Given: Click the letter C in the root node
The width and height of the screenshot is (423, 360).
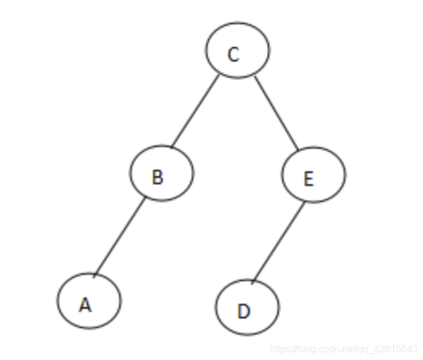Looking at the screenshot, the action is (233, 55).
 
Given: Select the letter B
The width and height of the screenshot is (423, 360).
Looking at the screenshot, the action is (157, 177).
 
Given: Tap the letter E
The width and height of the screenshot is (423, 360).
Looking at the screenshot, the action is (308, 179).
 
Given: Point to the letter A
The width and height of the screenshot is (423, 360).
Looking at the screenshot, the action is (85, 305).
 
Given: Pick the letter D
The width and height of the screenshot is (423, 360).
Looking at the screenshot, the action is (244, 312).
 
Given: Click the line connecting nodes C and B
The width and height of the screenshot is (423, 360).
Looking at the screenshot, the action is (194, 112).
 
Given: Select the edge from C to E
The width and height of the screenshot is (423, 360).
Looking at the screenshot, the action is (276, 113).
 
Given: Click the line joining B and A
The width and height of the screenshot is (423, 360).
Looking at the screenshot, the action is (119, 238).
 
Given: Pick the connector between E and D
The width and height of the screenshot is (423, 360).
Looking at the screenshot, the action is (278, 241).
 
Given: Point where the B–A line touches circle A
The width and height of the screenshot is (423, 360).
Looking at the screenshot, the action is (93, 276).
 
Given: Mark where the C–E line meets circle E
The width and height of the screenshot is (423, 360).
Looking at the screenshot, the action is (298, 150).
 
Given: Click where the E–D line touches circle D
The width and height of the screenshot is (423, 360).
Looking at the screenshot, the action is (253, 281).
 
